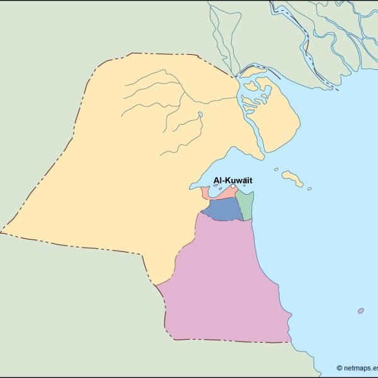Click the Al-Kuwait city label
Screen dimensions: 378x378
[x=233, y=180]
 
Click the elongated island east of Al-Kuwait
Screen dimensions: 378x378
[x=292, y=178]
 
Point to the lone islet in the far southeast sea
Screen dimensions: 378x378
[x=360, y=311]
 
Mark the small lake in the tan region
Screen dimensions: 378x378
[x=200, y=115]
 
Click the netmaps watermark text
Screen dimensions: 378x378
[x=360, y=368]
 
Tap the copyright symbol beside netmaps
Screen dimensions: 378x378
[x=340, y=368]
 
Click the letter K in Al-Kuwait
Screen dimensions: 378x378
[x=226, y=180]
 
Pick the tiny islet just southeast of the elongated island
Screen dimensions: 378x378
[x=309, y=188]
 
